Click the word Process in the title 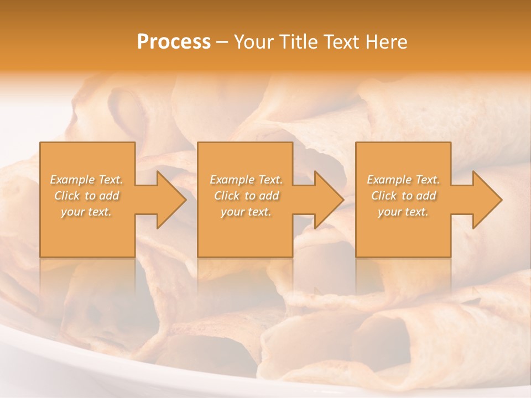[174, 42]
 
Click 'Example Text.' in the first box [87, 180]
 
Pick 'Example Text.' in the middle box [246, 180]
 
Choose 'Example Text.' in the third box [403, 180]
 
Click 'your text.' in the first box [87, 212]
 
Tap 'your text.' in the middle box [246, 212]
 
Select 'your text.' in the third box [403, 212]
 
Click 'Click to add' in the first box [87, 196]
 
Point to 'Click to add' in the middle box [246, 196]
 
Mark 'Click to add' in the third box [403, 196]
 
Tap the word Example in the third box [389, 180]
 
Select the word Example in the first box [73, 180]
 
